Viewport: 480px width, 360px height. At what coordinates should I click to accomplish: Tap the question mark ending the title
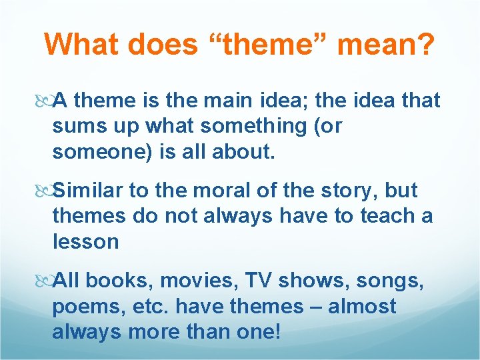(x=425, y=45)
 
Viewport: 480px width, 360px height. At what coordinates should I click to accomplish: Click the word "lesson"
(x=85, y=241)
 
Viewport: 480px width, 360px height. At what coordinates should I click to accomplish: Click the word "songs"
(x=387, y=281)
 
